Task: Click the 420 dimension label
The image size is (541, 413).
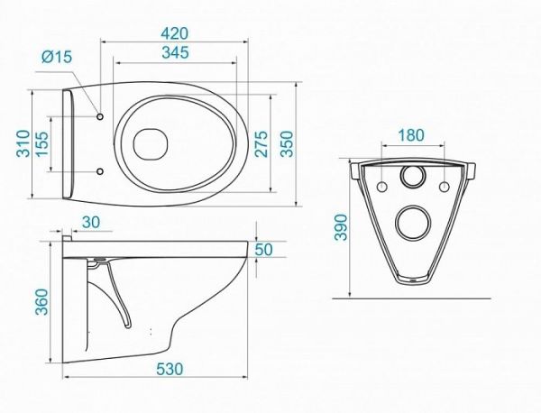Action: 175,33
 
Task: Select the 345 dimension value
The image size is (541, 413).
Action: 176,52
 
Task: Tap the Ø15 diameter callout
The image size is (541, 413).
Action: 57,57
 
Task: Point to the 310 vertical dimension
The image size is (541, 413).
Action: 23,143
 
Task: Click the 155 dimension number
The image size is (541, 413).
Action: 42,143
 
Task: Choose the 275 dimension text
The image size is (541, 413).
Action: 261,143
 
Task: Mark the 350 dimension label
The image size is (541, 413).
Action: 287,143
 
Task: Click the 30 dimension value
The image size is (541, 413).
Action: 91,222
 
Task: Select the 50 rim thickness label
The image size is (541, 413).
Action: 263,250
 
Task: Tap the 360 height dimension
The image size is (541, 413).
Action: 42,301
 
